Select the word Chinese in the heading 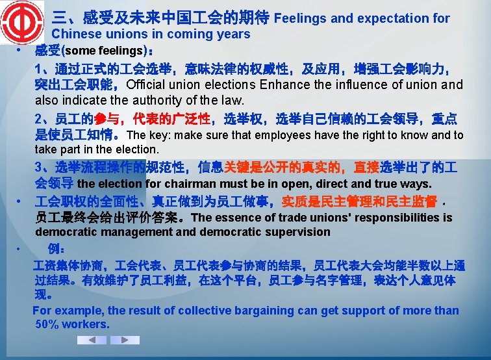click(75, 34)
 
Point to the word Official click(151, 85)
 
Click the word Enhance click(283, 85)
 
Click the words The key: click(147, 135)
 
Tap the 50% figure click(47, 324)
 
